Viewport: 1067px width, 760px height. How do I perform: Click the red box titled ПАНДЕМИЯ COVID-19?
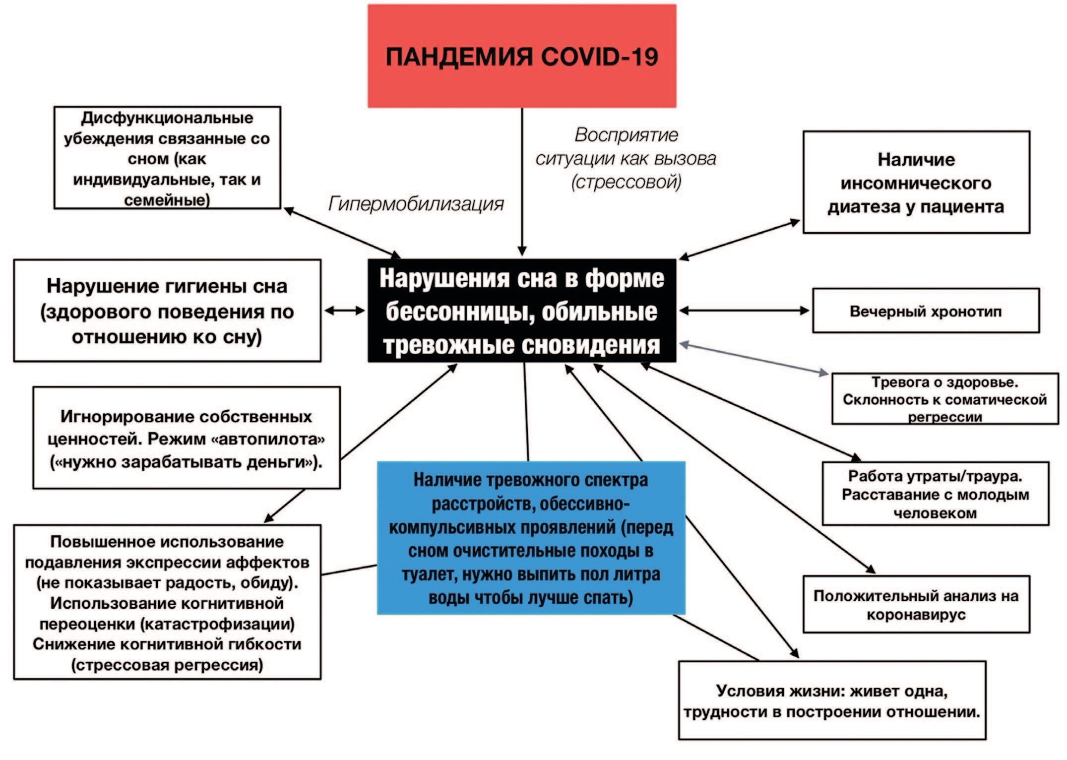coord(521,56)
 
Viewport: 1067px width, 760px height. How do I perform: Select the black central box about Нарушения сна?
coord(521,311)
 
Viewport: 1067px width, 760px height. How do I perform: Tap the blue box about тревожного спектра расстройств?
coord(531,538)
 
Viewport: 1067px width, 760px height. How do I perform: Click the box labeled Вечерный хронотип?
coord(925,311)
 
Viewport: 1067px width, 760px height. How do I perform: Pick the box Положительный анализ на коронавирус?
coord(916,604)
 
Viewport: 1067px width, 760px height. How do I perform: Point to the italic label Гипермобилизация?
coord(416,204)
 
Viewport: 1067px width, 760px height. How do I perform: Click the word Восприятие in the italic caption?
coord(626,135)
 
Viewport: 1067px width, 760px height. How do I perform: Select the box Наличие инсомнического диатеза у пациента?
coord(916,183)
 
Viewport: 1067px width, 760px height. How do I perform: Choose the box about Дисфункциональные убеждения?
coord(167,158)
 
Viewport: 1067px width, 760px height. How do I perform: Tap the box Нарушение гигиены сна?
coord(167,311)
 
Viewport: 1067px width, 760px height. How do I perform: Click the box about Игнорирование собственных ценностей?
coord(187,438)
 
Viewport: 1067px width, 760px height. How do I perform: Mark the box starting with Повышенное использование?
coord(167,602)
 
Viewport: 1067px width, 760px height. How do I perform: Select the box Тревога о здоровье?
coord(944,399)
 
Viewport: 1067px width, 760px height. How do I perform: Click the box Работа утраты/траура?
coord(935,494)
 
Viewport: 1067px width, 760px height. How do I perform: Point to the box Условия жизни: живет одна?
coord(832,700)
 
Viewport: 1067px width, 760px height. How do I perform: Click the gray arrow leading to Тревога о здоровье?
coord(754,358)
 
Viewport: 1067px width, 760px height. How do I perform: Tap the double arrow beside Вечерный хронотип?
coord(744,311)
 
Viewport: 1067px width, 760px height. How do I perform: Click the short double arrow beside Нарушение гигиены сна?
coord(345,311)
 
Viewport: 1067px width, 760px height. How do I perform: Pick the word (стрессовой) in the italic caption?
coord(626,182)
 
